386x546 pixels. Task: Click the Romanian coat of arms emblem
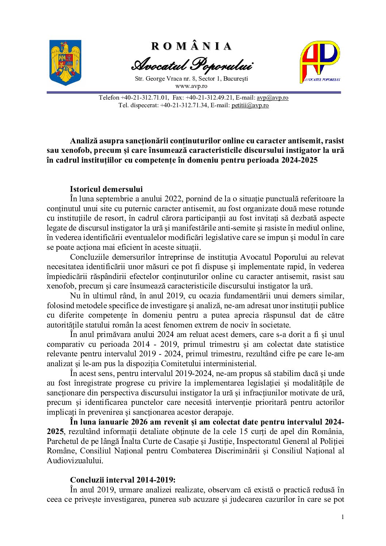(65, 62)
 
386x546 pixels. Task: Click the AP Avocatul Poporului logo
(320, 62)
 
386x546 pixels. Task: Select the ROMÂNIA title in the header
(192, 46)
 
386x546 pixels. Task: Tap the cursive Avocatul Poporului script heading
(192, 65)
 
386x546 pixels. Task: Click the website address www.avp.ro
(191, 86)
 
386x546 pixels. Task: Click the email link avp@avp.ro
(272, 97)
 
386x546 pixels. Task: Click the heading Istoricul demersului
(106, 189)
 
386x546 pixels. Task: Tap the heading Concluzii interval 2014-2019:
(123, 480)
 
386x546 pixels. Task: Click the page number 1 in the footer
(342, 516)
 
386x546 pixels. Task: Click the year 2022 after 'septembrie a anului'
(174, 199)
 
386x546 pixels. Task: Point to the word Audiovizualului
(74, 460)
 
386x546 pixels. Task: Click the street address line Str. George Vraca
(191, 78)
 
